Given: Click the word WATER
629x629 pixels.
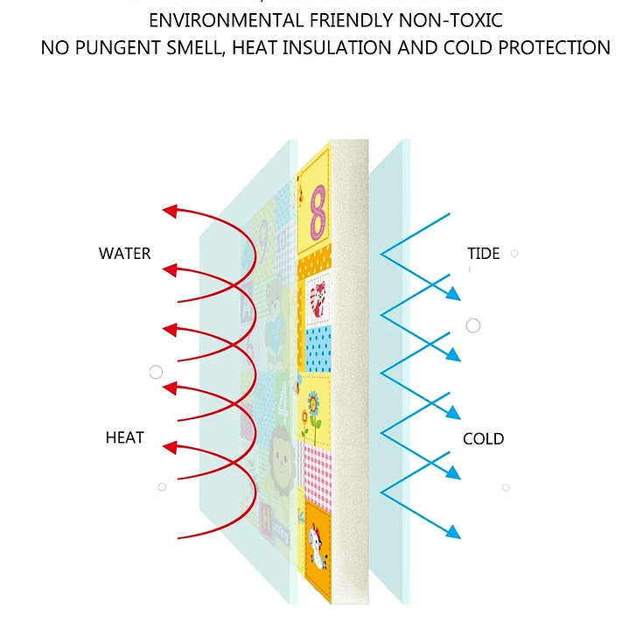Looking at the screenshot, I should coord(124,254).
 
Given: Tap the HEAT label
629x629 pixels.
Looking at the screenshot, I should coord(124,437).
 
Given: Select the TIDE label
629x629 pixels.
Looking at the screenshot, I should coord(483,254).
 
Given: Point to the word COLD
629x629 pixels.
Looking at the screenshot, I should coord(483,438).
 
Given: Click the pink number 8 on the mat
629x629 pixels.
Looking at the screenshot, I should coord(318,211).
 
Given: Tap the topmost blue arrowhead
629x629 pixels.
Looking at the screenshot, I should coord(453,295).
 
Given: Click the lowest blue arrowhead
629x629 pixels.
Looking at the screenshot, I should coord(453,532).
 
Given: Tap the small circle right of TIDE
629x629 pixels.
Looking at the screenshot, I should coord(514,254).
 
